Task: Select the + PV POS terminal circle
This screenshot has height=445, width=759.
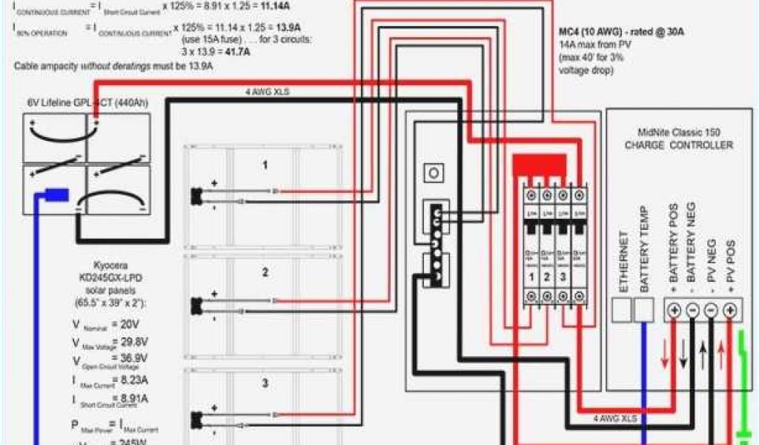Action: click(x=730, y=309)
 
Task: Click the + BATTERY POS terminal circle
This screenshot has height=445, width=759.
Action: click(x=674, y=309)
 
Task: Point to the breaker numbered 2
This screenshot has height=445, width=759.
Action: click(x=546, y=276)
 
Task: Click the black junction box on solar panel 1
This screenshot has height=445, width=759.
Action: click(x=196, y=196)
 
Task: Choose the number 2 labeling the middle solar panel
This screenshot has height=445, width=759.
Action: click(x=265, y=273)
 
